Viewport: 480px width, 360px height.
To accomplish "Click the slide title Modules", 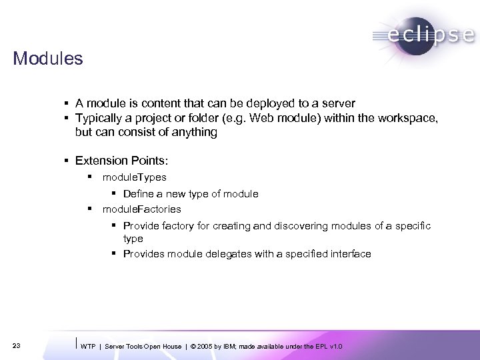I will [x=47, y=59].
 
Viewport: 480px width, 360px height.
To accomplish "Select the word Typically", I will [x=99, y=118].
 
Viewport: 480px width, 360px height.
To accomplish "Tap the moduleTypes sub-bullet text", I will [x=135, y=177].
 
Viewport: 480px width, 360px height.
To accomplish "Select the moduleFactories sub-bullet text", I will [x=141, y=209].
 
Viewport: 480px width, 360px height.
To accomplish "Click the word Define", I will [x=140, y=194].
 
